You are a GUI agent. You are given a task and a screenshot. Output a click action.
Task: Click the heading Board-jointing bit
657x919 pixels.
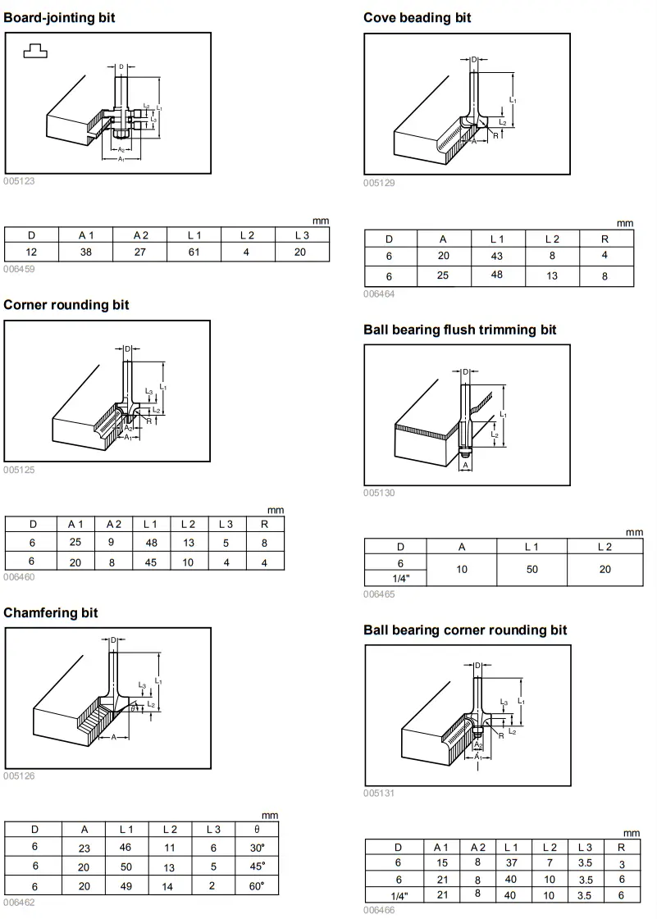(59, 17)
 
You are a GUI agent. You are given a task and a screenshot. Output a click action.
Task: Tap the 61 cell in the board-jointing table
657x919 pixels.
(194, 252)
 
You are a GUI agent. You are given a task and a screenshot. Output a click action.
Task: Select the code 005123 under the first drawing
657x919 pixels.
(19, 181)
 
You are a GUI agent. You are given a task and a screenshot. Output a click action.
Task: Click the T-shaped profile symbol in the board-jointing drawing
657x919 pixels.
(35, 51)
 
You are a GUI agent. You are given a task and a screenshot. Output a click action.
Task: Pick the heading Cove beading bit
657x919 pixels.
(417, 17)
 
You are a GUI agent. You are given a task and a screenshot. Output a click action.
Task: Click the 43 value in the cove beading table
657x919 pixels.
(497, 257)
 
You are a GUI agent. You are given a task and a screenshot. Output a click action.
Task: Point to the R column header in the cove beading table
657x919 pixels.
(606, 239)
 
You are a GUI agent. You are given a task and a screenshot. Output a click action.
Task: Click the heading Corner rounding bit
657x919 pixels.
(66, 305)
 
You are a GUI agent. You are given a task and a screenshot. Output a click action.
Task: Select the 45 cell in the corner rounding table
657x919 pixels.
(150, 562)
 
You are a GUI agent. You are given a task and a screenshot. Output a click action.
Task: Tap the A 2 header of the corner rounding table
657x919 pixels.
(113, 524)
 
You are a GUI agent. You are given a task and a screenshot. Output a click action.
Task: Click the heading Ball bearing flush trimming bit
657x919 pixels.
(459, 330)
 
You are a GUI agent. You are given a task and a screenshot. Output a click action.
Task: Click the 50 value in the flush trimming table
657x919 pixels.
(532, 569)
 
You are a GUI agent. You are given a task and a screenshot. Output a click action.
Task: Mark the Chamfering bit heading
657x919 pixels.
(51, 612)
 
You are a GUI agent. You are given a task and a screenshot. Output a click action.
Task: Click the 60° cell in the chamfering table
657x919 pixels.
(257, 886)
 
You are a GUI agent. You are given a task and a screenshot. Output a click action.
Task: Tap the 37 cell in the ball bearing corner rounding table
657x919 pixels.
(511, 862)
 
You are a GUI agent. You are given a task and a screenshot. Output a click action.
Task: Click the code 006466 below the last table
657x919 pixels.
(380, 909)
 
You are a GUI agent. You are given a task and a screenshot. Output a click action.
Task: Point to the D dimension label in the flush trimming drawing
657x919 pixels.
(465, 372)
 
